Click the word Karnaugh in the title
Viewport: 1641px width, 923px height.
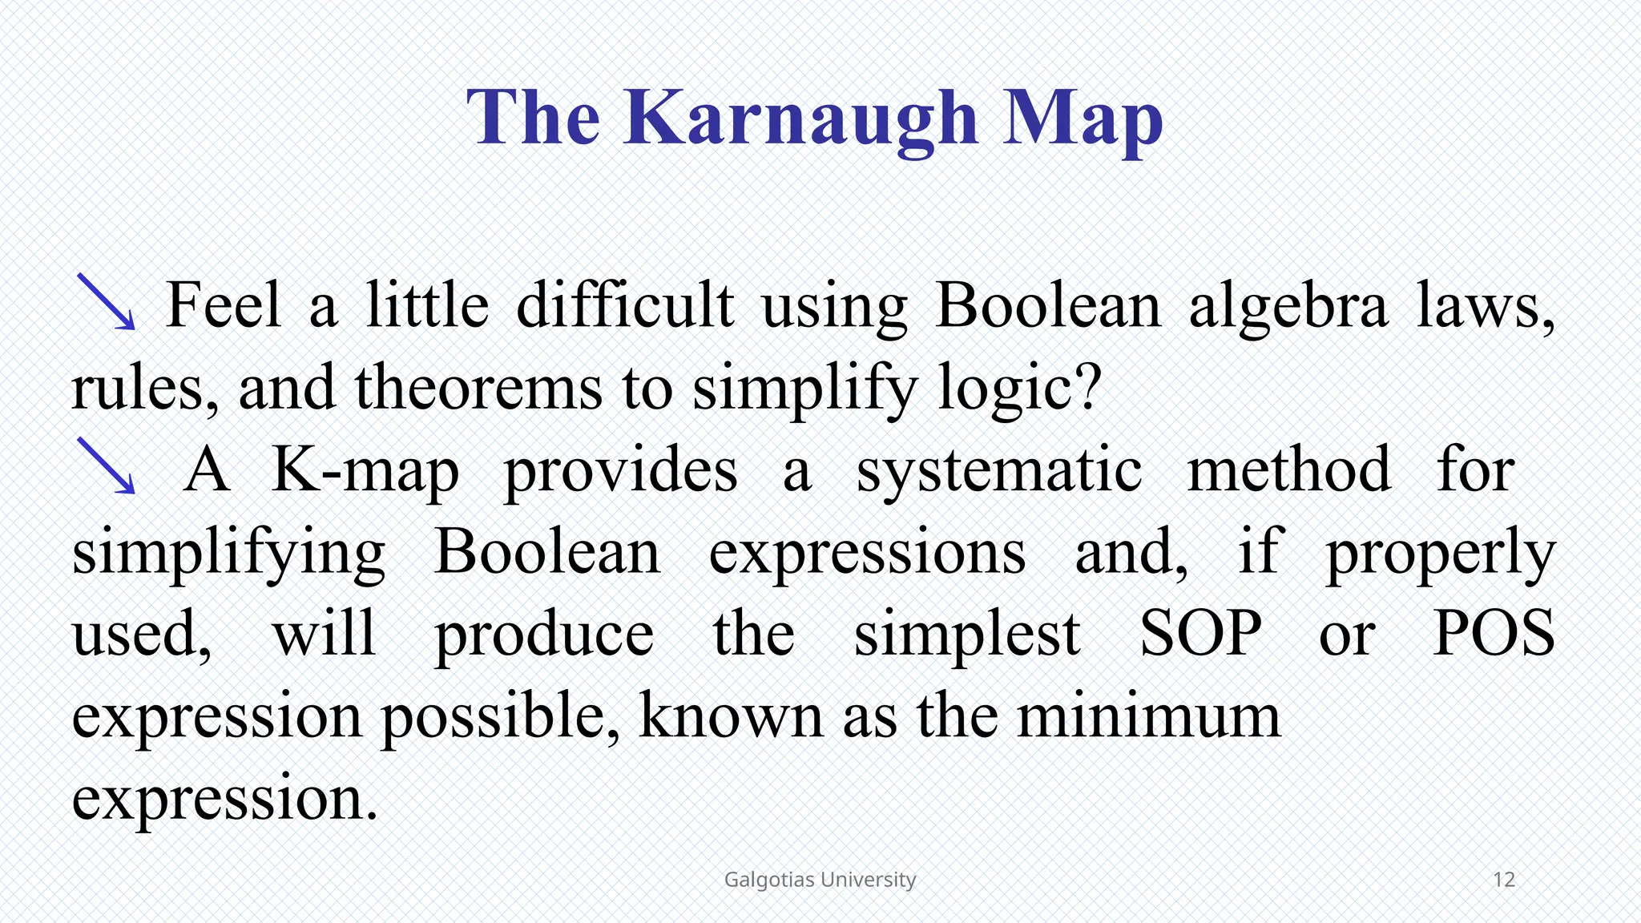tap(801, 119)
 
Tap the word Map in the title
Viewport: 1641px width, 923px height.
tap(1083, 119)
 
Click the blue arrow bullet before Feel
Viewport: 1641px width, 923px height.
tap(107, 302)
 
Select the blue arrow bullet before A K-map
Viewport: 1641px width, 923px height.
tap(107, 466)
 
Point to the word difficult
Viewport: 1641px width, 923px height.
tap(624, 305)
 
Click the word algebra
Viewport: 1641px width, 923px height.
tap(1288, 307)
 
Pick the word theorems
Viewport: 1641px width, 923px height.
tap(478, 388)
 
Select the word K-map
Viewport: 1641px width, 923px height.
tap(365, 471)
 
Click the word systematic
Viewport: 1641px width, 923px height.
tap(999, 471)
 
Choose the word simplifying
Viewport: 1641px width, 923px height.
tap(229, 554)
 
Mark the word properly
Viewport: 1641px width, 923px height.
tap(1440, 554)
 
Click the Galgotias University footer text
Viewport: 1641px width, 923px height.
tap(820, 880)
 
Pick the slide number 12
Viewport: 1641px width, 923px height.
tap(1504, 880)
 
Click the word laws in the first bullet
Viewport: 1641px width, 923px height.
tap(1484, 307)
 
